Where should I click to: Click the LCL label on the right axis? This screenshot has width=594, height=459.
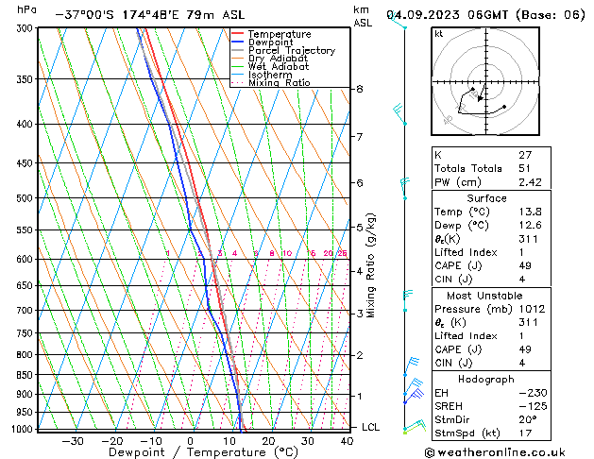(x=371, y=427)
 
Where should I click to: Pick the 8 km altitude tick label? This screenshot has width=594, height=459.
(x=359, y=89)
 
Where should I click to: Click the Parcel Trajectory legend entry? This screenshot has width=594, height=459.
(x=291, y=50)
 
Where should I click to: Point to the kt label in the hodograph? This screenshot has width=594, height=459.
(x=438, y=34)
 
